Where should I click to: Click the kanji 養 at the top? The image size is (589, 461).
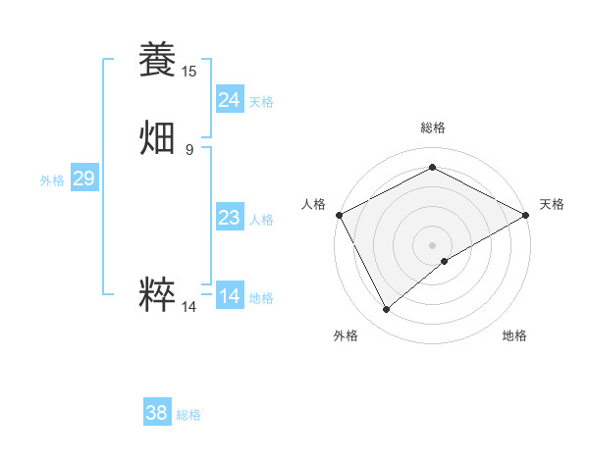tap(157, 59)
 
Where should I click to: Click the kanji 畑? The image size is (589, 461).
tap(157, 137)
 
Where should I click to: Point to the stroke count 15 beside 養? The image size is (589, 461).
tap(189, 72)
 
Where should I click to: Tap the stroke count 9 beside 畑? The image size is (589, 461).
tap(189, 150)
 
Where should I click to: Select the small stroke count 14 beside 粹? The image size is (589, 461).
tap(189, 307)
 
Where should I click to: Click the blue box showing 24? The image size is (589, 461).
tap(230, 99)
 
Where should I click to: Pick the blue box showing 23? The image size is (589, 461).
tap(230, 218)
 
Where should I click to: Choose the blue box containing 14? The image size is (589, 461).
tap(230, 296)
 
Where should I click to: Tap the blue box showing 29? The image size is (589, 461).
tap(83, 179)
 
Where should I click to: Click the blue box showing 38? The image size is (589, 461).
tap(157, 413)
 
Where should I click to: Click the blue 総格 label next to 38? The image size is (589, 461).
tap(188, 415)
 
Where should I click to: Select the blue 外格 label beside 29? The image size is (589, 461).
tap(52, 180)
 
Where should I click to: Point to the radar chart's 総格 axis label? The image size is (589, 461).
tap(432, 128)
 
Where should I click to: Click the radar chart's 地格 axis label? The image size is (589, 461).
tap(514, 335)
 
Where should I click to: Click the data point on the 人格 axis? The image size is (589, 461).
tap(338, 215)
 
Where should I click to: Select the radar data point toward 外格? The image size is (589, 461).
tap(387, 309)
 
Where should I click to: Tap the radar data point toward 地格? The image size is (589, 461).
tap(445, 261)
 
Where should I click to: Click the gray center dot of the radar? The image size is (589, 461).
tap(432, 244)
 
